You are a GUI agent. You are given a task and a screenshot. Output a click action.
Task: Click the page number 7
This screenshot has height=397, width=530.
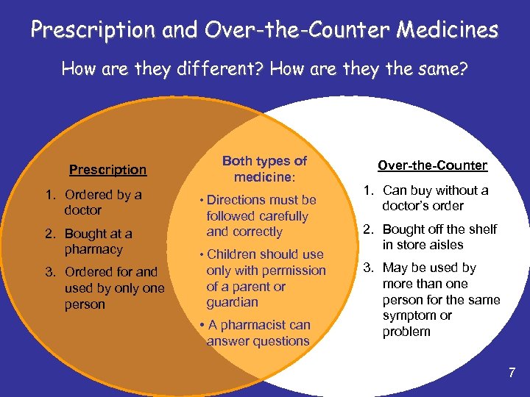(512, 373)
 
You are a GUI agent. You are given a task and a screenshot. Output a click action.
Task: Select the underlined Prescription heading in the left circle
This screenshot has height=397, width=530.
(107, 170)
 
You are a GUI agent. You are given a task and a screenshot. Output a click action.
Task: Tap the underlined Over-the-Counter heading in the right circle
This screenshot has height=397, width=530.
(432, 165)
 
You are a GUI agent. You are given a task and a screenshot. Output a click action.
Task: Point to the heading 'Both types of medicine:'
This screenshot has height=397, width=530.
(264, 169)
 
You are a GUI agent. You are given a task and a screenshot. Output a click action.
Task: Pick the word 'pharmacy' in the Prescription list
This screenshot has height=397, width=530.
(93, 249)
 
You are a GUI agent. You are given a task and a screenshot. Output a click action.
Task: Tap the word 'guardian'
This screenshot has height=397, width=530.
(232, 302)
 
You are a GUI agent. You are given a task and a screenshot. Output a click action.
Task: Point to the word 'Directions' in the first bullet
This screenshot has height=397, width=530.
(236, 200)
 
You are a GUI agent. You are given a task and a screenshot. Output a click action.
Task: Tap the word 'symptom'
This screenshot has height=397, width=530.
(407, 315)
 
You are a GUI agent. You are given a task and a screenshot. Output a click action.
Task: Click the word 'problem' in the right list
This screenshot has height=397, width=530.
(406, 332)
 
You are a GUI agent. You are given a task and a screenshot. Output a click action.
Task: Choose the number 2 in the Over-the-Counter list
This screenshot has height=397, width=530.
(366, 229)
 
